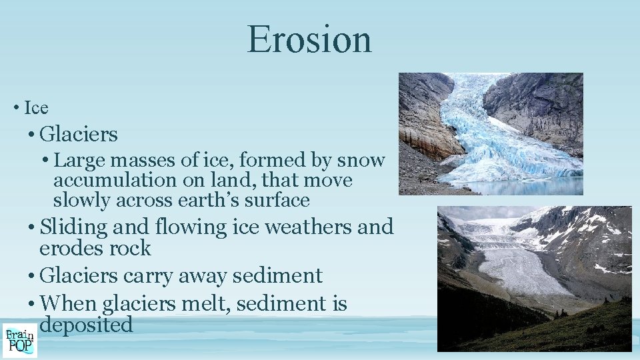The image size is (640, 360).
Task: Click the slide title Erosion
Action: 309,40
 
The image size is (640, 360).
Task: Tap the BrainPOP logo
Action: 19,339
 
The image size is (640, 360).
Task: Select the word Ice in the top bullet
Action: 36,107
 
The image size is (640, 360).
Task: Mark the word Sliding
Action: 73,227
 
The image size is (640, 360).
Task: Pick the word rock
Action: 131,249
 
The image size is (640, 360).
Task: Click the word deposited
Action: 86,325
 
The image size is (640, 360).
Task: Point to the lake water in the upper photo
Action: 533,187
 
